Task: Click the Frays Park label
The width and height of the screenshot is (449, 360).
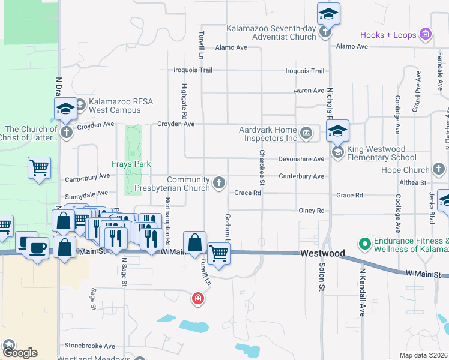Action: (131, 164)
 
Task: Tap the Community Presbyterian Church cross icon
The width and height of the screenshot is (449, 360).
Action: (220, 182)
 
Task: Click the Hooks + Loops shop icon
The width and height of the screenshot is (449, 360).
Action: (426, 34)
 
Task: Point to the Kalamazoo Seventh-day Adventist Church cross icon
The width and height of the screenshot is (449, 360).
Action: (325, 32)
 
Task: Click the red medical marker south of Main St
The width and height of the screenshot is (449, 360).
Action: (197, 298)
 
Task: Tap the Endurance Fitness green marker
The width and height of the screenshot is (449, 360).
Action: (363, 243)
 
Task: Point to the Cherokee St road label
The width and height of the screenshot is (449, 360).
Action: (262, 167)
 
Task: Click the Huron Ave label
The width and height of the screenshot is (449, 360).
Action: (309, 91)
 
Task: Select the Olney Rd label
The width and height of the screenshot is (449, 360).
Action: (312, 211)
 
